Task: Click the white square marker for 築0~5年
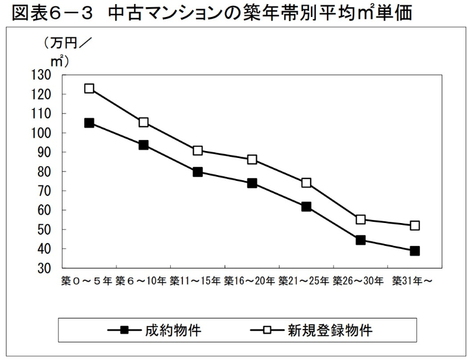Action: [x=89, y=88]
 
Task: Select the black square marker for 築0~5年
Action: [x=89, y=123]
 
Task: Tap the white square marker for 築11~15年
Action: [x=198, y=150]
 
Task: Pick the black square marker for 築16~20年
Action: [x=252, y=183]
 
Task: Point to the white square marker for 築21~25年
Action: [x=306, y=183]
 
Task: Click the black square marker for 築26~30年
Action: [x=360, y=240]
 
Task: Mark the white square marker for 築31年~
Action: [x=414, y=225]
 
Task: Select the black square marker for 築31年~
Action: [x=414, y=251]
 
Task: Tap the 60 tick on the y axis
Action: [x=47, y=210]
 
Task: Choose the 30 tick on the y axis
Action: [x=47, y=268]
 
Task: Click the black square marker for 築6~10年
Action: [x=143, y=145]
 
